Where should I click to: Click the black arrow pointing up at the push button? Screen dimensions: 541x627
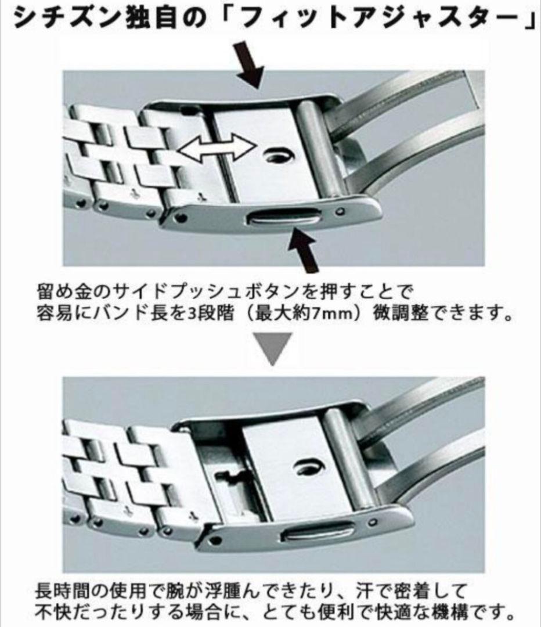click(304, 248)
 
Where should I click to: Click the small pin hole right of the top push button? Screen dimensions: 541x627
click(340, 211)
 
